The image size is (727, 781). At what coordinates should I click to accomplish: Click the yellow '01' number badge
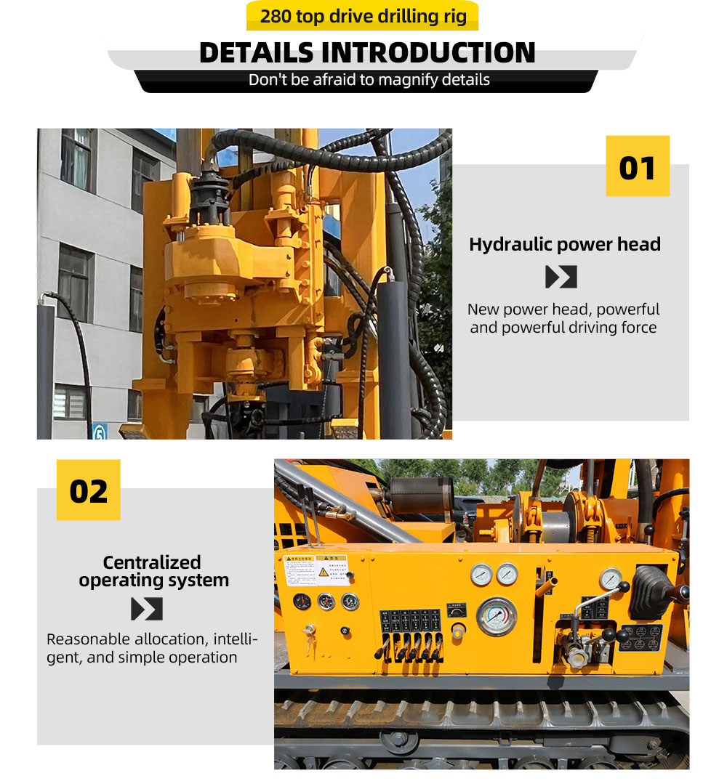(638, 166)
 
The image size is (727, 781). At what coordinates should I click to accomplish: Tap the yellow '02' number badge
(89, 490)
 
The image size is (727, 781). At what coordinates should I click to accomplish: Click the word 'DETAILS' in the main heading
(257, 53)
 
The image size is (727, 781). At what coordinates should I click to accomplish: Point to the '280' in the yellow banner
(276, 16)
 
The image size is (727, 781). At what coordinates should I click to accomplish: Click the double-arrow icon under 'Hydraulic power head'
(561, 277)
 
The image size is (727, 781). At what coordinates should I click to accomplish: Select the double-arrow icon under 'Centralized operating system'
(147, 609)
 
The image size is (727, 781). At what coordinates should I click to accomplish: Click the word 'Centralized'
(152, 562)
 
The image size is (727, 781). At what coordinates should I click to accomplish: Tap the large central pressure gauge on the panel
(497, 616)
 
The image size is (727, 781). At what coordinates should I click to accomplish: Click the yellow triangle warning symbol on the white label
(323, 572)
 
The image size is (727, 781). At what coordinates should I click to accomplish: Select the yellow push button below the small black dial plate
(458, 633)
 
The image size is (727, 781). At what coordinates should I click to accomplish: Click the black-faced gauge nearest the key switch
(302, 602)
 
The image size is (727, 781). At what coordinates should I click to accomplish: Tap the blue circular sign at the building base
(100, 432)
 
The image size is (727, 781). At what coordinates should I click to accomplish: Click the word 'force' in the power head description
(637, 328)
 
